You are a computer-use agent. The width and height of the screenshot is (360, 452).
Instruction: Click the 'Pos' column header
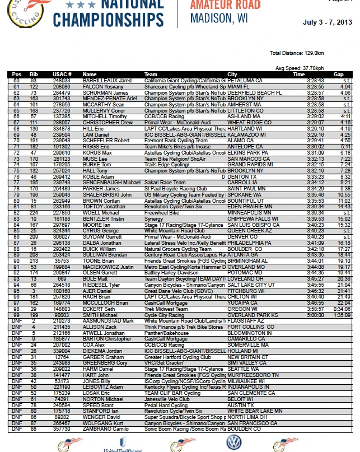[17, 74]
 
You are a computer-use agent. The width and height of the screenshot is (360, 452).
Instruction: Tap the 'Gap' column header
[338, 74]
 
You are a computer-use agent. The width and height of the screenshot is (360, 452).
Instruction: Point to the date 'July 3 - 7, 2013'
[328, 23]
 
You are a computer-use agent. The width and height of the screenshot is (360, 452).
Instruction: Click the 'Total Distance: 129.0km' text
[297, 53]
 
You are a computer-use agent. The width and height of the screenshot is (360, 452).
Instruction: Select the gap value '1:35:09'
[342, 315]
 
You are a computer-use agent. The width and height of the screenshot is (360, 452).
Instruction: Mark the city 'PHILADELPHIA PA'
[250, 244]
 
